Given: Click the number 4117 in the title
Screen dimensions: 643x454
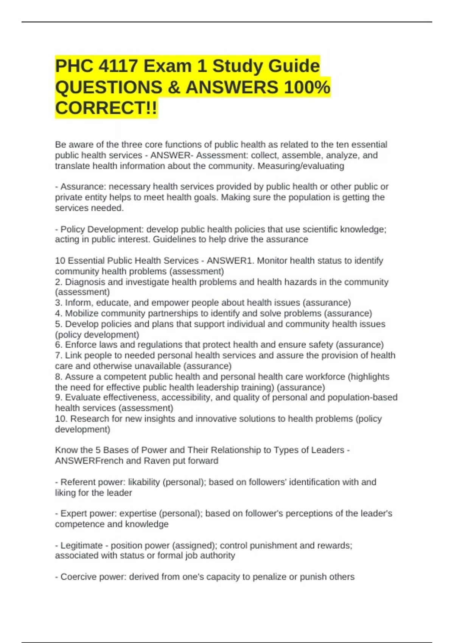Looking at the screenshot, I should [x=118, y=66].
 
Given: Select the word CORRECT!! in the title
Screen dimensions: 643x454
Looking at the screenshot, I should [x=106, y=108].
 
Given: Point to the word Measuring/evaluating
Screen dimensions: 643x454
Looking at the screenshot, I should [x=301, y=166].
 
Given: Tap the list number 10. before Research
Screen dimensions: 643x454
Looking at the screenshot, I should [x=61, y=419].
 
